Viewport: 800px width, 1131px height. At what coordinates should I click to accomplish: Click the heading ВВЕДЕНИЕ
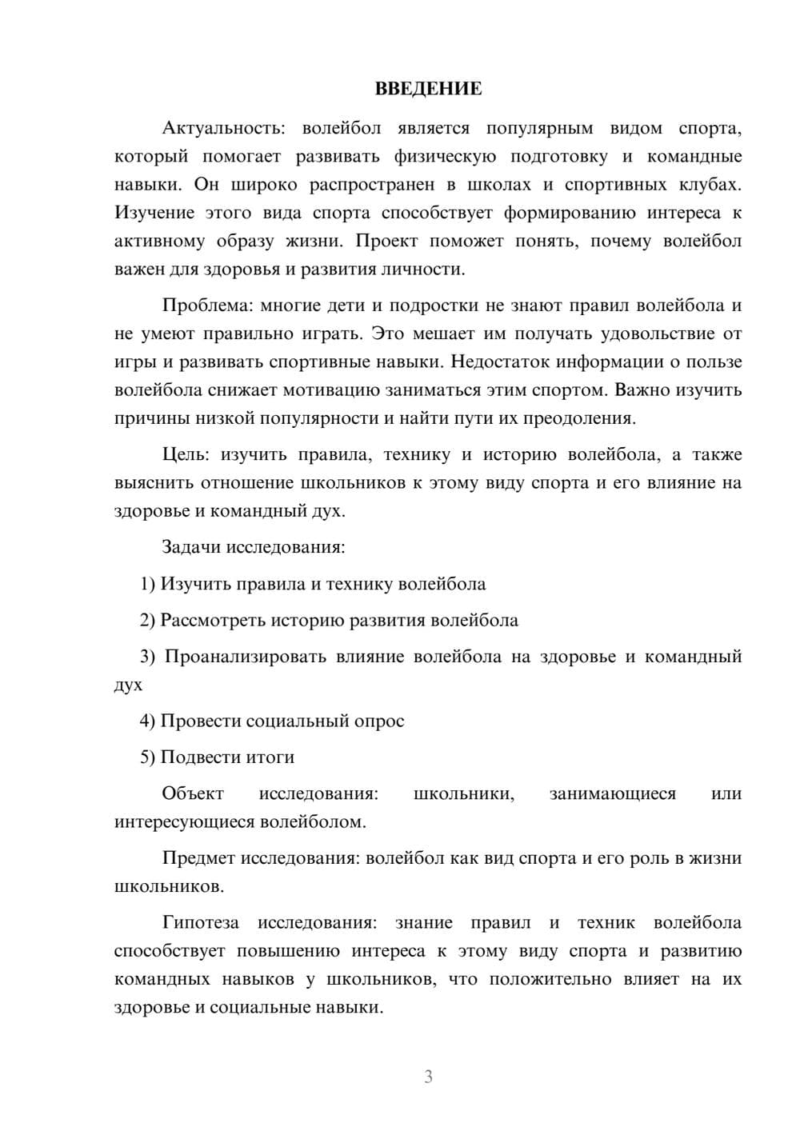pyautogui.click(x=428, y=89)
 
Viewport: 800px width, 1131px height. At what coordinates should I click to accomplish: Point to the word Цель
pyautogui.click(x=185, y=455)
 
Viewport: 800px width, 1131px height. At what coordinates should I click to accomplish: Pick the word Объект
pyautogui.click(x=193, y=793)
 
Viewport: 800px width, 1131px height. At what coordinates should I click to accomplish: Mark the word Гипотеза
pyautogui.click(x=200, y=923)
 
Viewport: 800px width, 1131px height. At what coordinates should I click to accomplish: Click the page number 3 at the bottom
pyautogui.click(x=428, y=1077)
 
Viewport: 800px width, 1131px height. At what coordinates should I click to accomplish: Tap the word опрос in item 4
pyautogui.click(x=378, y=721)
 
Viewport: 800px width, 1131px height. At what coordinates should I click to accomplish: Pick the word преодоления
pyautogui.click(x=585, y=418)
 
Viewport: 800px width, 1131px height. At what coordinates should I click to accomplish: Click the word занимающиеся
pyautogui.click(x=612, y=793)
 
